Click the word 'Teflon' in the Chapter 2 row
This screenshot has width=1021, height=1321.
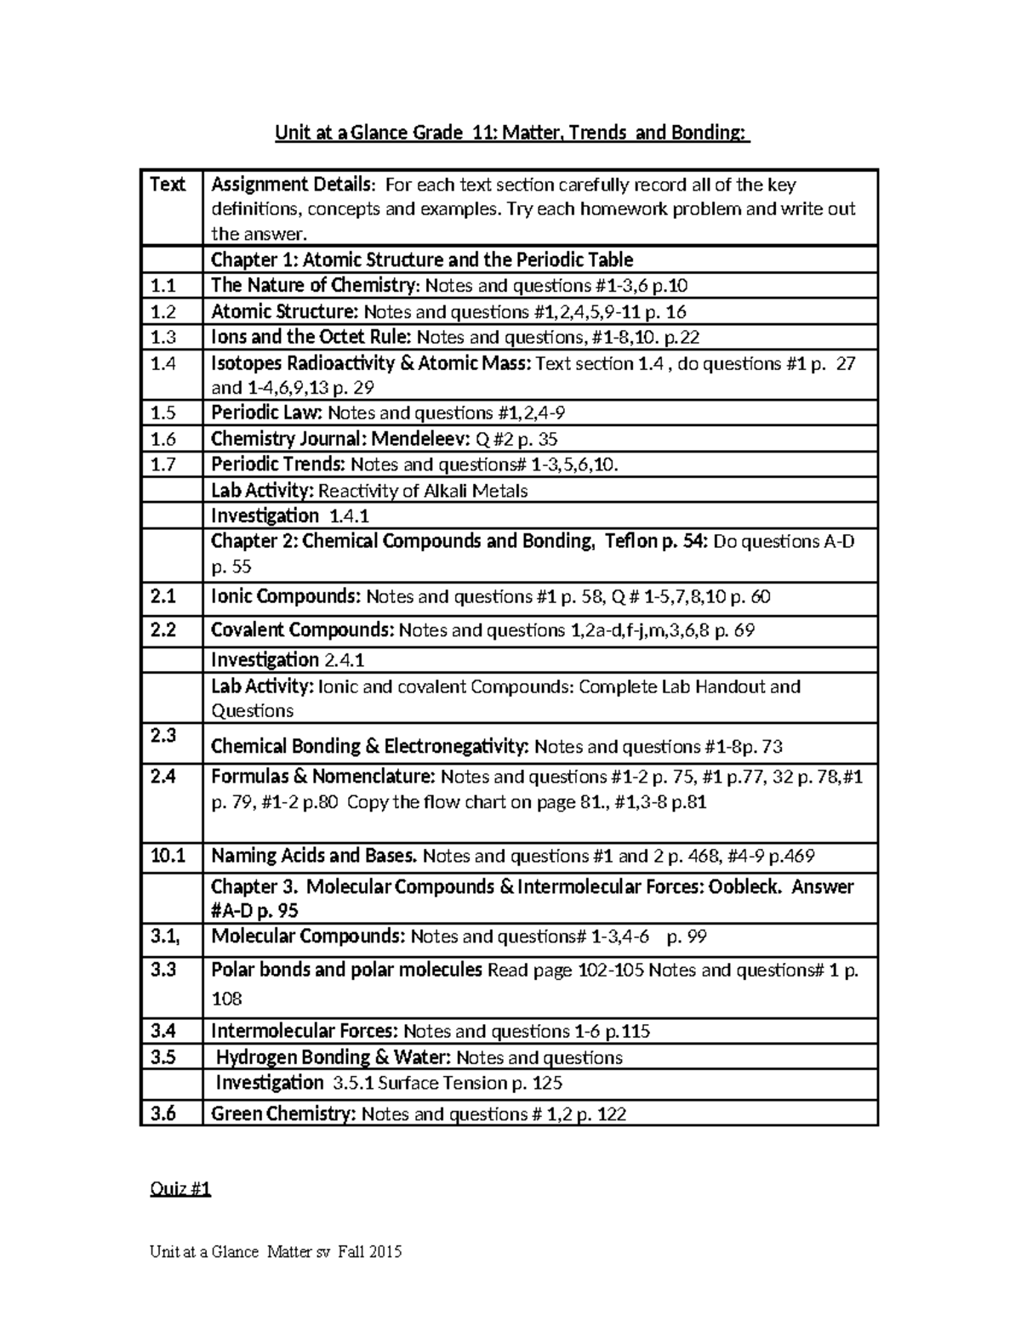(x=630, y=541)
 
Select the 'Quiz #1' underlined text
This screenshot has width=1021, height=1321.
(x=180, y=1188)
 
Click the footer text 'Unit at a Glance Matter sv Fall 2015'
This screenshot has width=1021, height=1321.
(x=276, y=1251)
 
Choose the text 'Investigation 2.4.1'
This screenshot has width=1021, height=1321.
(x=288, y=660)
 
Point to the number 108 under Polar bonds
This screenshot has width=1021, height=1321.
(x=226, y=999)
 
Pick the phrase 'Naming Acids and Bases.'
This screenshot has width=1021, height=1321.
(x=314, y=856)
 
